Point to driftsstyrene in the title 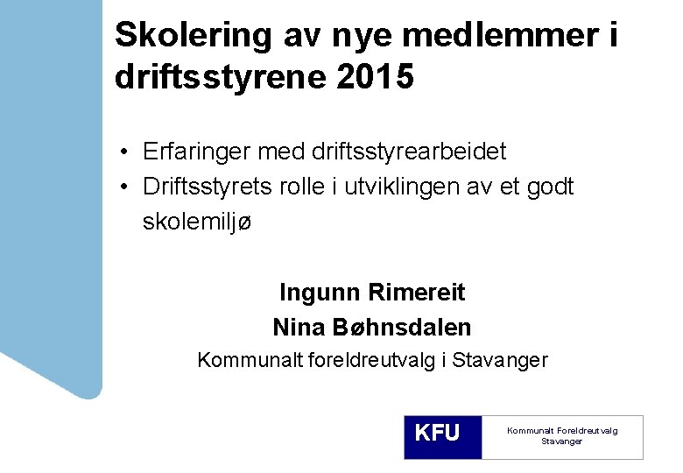pyautogui.click(x=218, y=77)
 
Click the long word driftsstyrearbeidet pyautogui.click(x=408, y=152)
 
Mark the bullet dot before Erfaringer pyautogui.click(x=127, y=152)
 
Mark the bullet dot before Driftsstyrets pyautogui.click(x=127, y=187)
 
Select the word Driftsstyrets pyautogui.click(x=206, y=187)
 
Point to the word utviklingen pyautogui.click(x=409, y=187)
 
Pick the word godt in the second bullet pyautogui.click(x=550, y=187)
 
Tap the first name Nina pyautogui.click(x=299, y=328)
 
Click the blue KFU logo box pyautogui.click(x=442, y=436)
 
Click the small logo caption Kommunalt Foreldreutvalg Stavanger pyautogui.click(x=561, y=435)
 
